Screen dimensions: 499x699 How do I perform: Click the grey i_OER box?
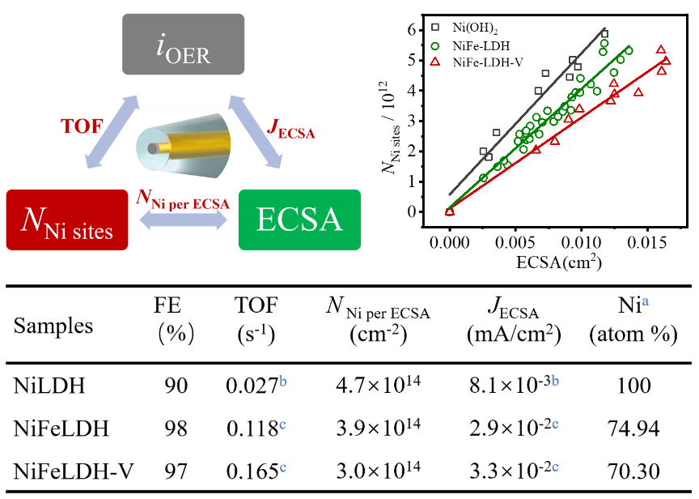pos(183,44)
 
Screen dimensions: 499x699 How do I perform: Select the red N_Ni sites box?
pos(66,220)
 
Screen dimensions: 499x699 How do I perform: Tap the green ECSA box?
pos(299,220)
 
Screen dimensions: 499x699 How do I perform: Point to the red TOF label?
pos(82,126)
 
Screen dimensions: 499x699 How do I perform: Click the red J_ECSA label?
pos(290,129)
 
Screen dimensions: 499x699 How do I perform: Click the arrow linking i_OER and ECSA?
pos(255,131)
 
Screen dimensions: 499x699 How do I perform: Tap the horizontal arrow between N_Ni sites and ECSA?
pos(184,220)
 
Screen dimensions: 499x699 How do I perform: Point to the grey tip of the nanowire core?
pos(153,148)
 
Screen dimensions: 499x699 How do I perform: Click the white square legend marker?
pos(435,27)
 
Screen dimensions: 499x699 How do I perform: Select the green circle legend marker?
pos(435,46)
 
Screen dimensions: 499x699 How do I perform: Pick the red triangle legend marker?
pos(435,62)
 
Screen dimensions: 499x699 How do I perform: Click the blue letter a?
pos(646,301)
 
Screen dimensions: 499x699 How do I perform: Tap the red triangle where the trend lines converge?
pos(450,211)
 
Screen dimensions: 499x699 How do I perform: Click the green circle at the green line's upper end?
pos(629,50)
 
